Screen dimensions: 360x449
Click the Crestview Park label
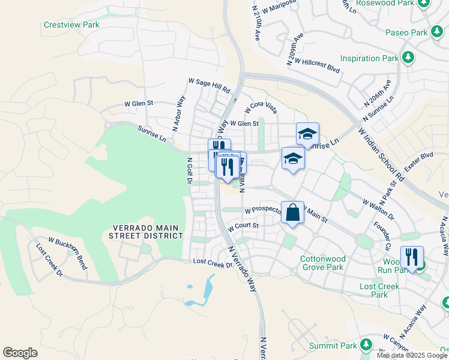point(71,25)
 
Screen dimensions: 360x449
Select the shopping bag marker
point(292,213)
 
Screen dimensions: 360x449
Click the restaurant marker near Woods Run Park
point(412,259)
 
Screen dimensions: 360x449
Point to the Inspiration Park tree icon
point(409,58)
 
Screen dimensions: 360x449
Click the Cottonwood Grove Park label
point(321,263)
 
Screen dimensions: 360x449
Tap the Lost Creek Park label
point(379,290)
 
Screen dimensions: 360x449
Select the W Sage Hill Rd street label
point(209,85)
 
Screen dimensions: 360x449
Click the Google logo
point(20,353)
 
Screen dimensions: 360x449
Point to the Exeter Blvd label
point(418,163)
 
